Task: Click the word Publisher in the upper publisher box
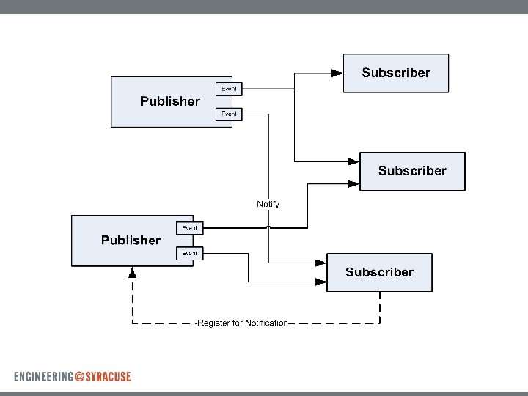coord(169,101)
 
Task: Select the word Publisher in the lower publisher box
coord(131,240)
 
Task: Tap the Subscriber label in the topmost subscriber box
coord(396,73)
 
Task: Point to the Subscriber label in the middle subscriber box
coord(412,171)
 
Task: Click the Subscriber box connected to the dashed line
coord(379,272)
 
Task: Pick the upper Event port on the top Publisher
coord(230,89)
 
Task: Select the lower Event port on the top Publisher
coord(230,114)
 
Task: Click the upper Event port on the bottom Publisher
coord(190,228)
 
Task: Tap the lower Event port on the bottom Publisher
coord(190,253)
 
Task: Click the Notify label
coord(268,204)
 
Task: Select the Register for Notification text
coord(243,323)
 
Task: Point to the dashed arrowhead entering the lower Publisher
coord(132,272)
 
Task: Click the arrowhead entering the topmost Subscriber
coord(337,73)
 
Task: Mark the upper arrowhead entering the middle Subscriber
coord(353,161)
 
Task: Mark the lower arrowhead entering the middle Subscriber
coord(353,184)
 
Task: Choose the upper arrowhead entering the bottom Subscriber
coord(320,262)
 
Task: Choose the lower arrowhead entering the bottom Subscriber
coord(320,282)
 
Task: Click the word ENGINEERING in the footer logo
coord(43,376)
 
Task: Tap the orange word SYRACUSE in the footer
coord(108,376)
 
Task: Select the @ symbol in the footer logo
coord(79,376)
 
